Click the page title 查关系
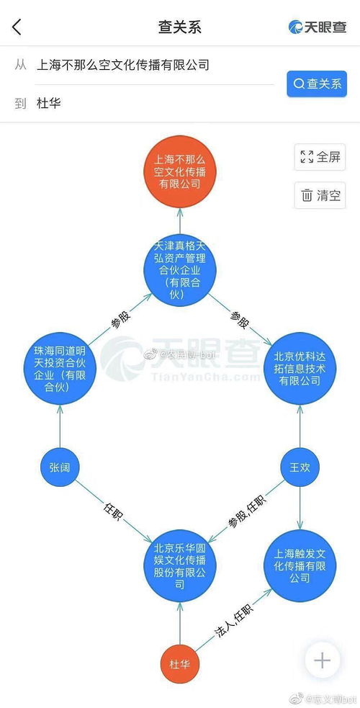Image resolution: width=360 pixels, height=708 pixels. tap(179, 27)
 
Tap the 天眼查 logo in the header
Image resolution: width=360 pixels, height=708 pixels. tap(318, 27)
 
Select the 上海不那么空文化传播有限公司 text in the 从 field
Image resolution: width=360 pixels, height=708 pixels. tap(122, 65)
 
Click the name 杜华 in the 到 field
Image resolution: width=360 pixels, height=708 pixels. tap(49, 104)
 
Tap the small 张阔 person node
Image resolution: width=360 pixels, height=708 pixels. tap(60, 468)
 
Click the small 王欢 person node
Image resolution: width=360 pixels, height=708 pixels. tap(300, 468)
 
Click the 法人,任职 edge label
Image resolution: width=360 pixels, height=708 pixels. tap(233, 620)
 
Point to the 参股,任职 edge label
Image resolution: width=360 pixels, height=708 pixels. tap(246, 509)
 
